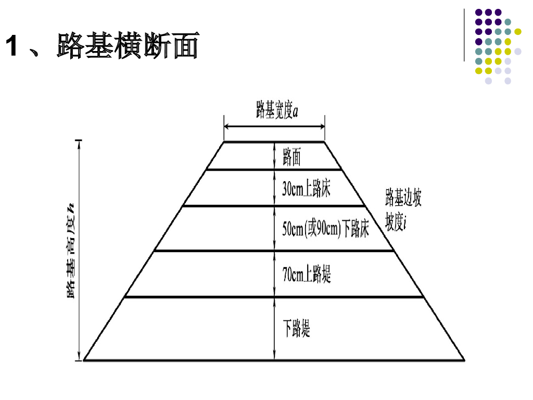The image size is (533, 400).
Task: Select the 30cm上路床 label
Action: click(x=306, y=189)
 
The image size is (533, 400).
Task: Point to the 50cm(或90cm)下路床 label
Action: click(x=325, y=229)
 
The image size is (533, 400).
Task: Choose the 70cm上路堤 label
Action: click(x=307, y=274)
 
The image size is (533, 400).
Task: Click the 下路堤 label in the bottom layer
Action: click(x=296, y=329)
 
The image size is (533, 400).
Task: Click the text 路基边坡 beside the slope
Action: click(x=403, y=198)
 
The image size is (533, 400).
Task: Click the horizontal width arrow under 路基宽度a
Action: click(x=274, y=126)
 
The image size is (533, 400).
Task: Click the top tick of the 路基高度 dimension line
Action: click(x=79, y=141)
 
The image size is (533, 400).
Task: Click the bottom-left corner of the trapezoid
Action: click(x=84, y=360)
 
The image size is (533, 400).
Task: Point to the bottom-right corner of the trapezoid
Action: click(x=464, y=360)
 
